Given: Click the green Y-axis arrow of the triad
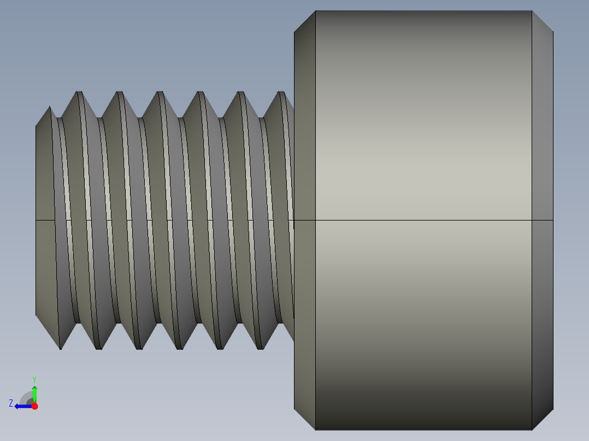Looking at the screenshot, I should pos(34,392).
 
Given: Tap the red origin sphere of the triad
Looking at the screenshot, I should pos(34,406).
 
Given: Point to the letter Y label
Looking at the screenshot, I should pos(34,379).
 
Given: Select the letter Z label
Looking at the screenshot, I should pos(11,403).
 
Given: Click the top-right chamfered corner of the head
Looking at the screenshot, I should pos(543,21).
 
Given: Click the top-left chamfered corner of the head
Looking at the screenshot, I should pos(305,21).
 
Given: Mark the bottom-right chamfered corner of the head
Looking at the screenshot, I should pos(543,420).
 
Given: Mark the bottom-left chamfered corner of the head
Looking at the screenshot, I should pos(305,420).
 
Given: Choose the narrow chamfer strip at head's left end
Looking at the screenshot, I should pos(304,136).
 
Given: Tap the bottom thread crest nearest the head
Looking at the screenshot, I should pos(260,348).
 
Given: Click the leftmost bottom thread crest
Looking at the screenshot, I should pos(60,348).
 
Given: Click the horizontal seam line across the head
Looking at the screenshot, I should pos(423,221).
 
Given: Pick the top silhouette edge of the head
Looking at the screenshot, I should pos(423,11).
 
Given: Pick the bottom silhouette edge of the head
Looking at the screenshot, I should pos(423,430).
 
